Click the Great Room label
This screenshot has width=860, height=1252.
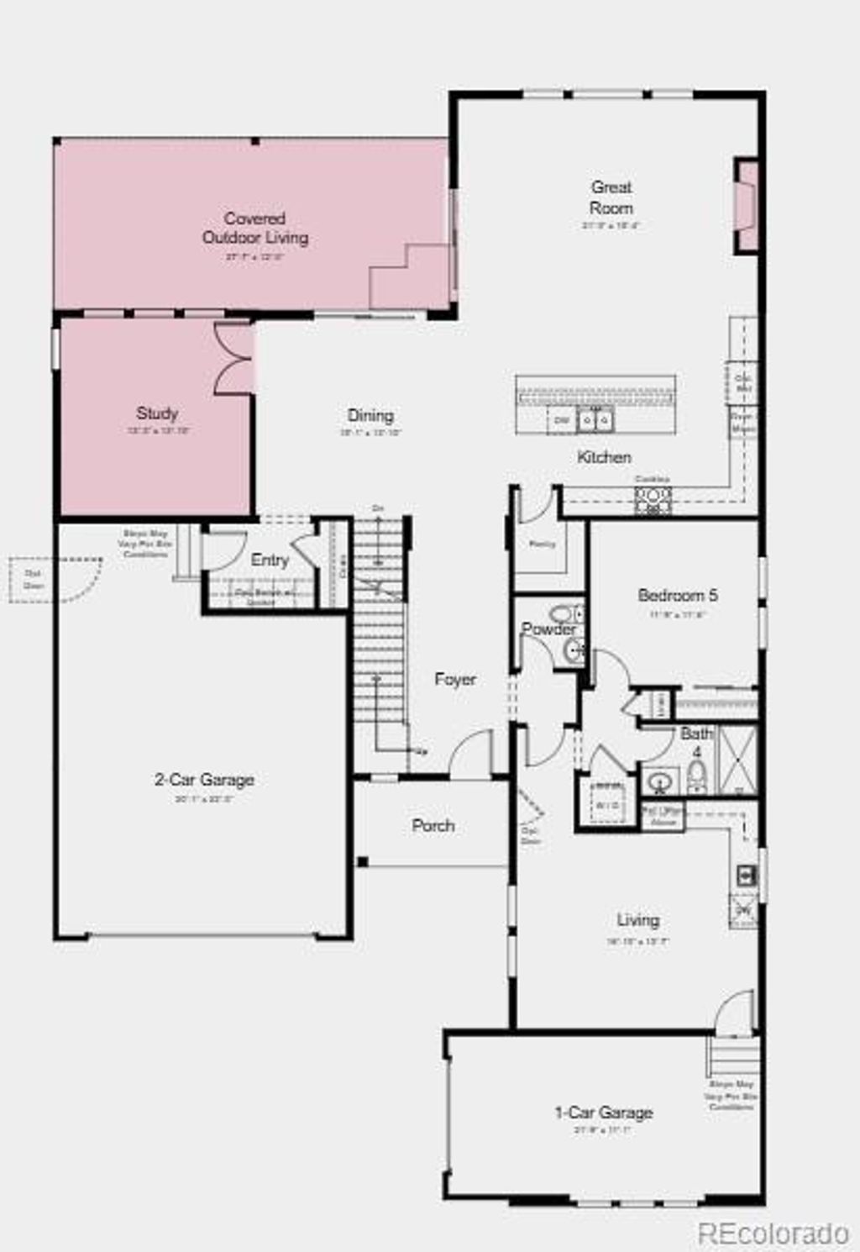pos(611,197)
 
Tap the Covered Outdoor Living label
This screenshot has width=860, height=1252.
pos(255,228)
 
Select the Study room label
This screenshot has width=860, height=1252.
pos(157,413)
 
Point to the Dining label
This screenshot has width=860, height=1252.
pos(370,415)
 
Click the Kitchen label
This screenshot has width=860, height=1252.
pos(604,457)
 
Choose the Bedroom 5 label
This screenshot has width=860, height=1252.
pos(677,595)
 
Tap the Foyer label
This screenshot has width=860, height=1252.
pos(455,679)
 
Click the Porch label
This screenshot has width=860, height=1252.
pos(433,825)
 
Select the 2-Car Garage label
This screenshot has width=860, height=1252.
pos(204,780)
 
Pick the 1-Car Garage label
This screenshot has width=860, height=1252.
pos(603,1113)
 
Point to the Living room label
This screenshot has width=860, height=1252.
pos(637,920)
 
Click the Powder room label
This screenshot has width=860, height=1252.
pos(548,629)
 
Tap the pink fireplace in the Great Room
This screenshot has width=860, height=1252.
pos(746,205)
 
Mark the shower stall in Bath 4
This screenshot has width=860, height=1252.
pos(737,761)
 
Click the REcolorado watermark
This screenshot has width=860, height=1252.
pos(773,1233)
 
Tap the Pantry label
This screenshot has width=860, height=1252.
pos(542,544)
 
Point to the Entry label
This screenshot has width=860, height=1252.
pos(270,560)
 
